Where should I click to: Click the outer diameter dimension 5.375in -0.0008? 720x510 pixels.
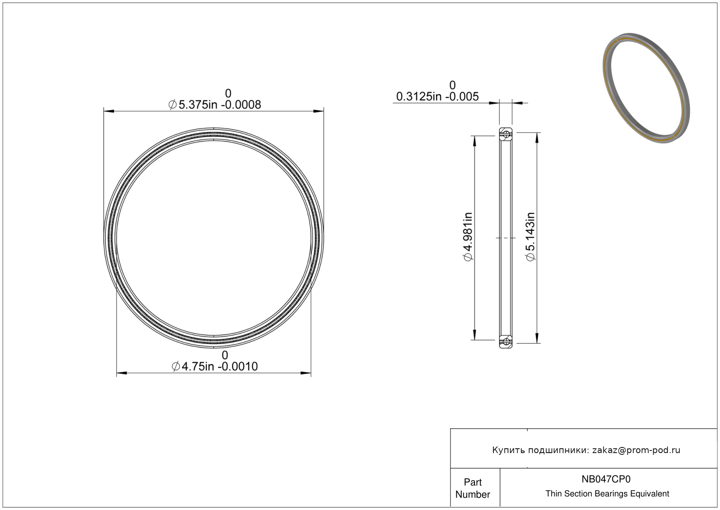[x=215, y=105]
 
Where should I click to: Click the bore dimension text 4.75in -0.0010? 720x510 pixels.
[x=215, y=366]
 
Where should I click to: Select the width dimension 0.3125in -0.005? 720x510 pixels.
[x=437, y=96]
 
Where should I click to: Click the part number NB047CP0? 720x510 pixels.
[x=606, y=479]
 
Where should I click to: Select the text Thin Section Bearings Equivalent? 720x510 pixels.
[x=607, y=494]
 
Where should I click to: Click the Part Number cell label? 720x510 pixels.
[x=473, y=488]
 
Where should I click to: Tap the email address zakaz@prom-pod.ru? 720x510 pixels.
[x=636, y=450]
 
